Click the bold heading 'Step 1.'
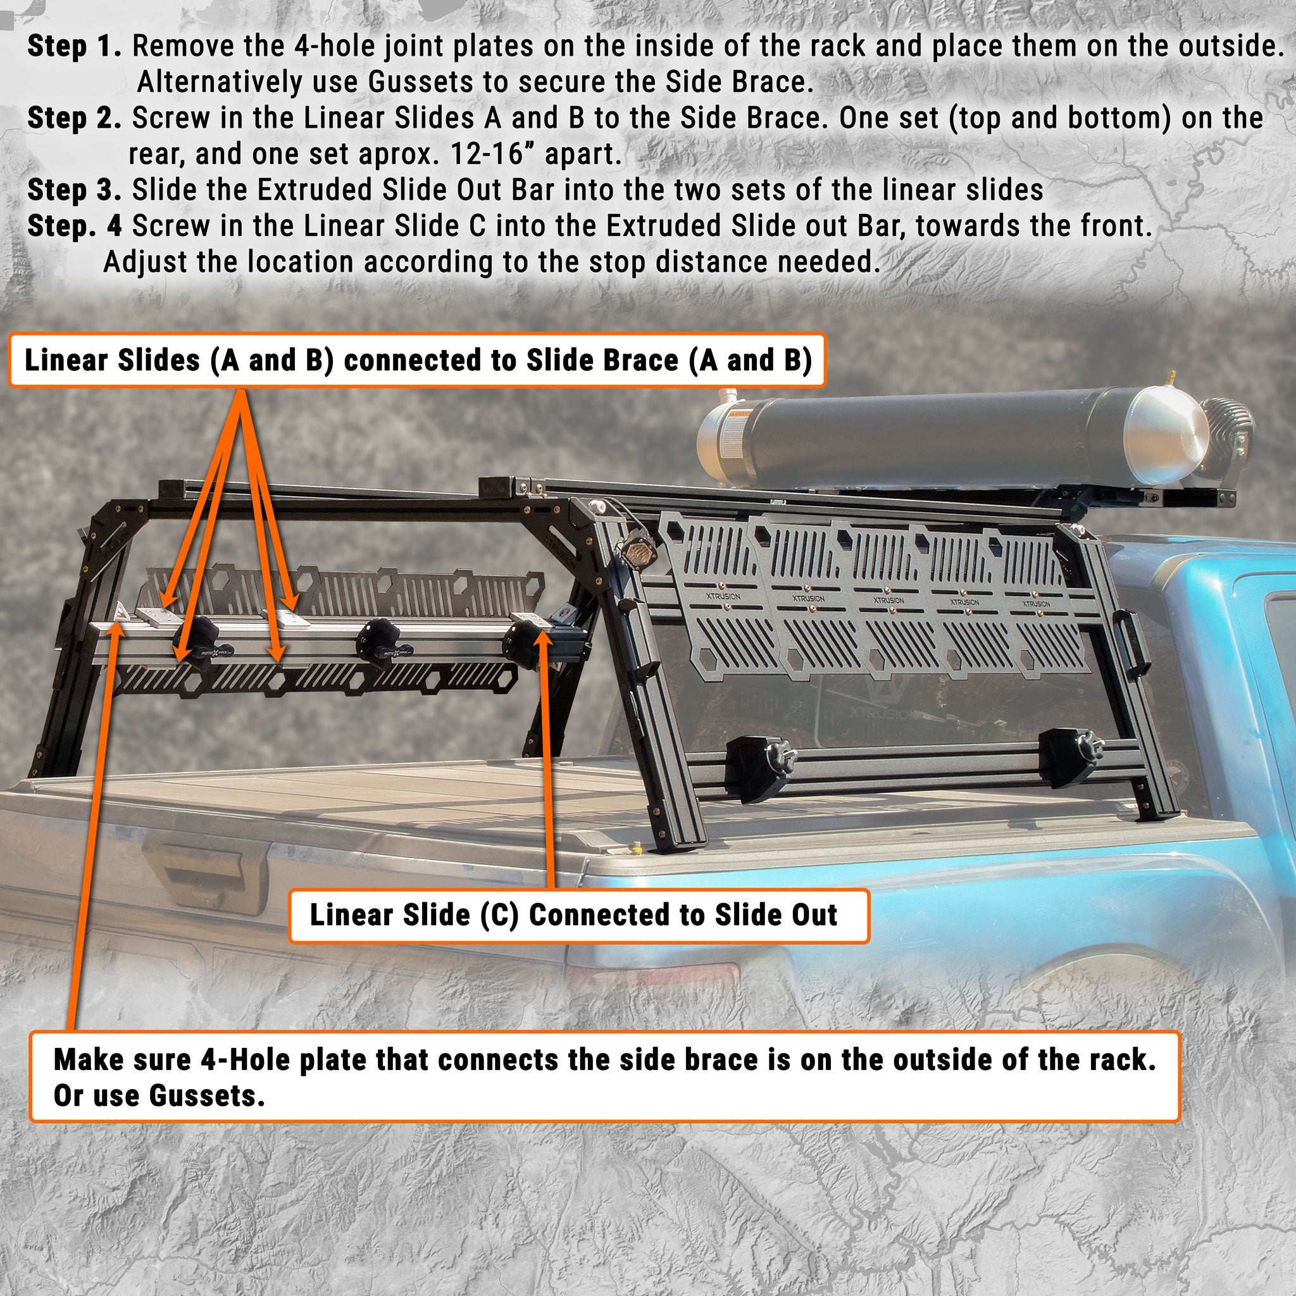pos(74,47)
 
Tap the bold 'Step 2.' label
pos(74,119)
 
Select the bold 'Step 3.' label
pos(74,190)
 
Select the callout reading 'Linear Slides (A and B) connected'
pos(416,361)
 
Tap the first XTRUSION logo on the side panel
pos(723,596)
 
